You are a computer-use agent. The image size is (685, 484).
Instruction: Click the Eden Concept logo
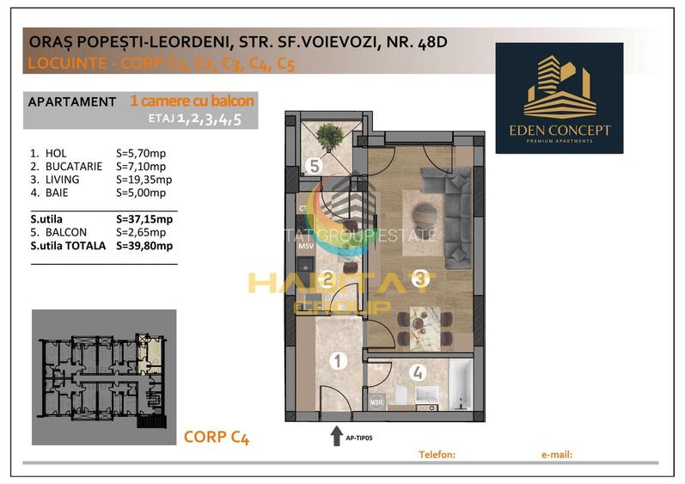click(x=559, y=97)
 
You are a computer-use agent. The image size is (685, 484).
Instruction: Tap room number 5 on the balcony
click(x=316, y=166)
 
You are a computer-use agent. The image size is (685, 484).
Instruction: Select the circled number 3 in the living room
click(x=420, y=278)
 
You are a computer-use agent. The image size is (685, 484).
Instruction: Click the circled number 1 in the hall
click(x=338, y=362)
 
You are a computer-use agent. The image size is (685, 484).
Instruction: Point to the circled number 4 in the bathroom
click(x=417, y=373)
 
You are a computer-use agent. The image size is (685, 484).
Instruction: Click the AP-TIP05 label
click(x=360, y=438)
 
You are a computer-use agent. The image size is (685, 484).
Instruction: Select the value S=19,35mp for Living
click(x=144, y=180)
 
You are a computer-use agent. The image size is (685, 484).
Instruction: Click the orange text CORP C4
click(x=217, y=438)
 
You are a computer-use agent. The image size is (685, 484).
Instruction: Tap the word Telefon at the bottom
click(x=436, y=454)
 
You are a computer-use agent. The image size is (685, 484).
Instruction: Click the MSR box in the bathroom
click(x=376, y=401)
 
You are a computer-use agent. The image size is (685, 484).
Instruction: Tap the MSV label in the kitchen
click(x=306, y=247)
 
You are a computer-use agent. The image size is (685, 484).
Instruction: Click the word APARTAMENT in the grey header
click(x=72, y=101)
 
